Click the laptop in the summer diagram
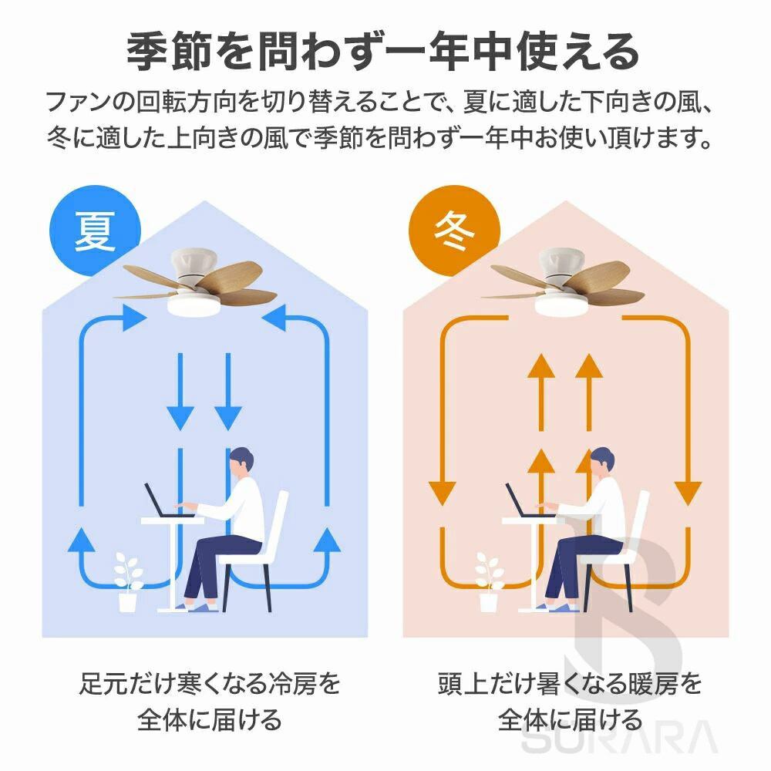point(159,502)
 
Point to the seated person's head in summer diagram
point(242,462)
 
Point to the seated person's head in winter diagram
point(603,462)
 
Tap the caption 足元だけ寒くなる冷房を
point(210,682)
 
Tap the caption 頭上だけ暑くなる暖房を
point(570,682)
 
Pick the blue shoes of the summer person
point(199,608)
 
